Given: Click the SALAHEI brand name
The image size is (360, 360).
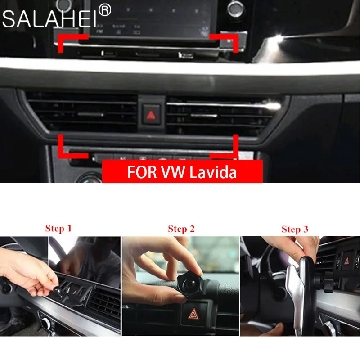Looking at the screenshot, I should (49, 19).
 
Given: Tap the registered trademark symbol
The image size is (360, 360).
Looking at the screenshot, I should (104, 10).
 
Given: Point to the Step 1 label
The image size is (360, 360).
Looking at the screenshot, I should (58, 228).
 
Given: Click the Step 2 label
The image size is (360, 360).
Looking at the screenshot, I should (181, 229).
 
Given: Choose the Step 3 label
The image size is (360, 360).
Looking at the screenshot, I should (295, 229).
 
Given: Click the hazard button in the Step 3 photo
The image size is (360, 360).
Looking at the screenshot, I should (349, 261).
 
